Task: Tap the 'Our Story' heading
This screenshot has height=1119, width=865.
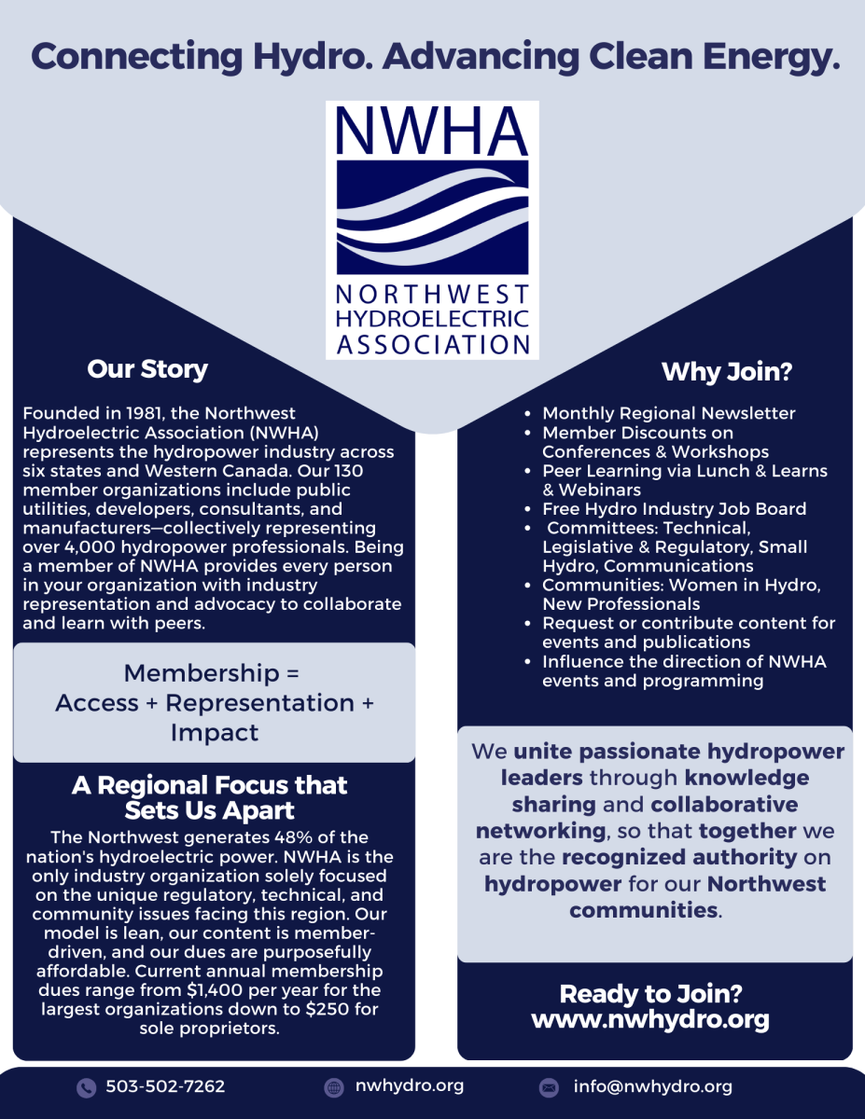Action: click(x=147, y=369)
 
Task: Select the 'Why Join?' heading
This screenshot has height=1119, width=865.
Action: click(x=727, y=373)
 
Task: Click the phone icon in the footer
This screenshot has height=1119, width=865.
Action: click(x=86, y=1087)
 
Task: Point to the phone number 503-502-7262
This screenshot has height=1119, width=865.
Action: click(x=165, y=1087)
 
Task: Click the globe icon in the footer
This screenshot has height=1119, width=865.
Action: click(x=334, y=1087)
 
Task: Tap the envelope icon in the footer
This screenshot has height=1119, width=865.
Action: click(x=549, y=1087)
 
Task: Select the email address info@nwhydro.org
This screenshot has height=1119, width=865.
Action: click(x=652, y=1087)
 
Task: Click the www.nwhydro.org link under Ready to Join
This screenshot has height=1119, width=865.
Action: click(x=650, y=1020)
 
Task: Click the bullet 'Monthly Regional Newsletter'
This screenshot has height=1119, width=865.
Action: click(x=668, y=413)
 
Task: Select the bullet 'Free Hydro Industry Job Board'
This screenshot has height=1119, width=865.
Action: click(x=674, y=509)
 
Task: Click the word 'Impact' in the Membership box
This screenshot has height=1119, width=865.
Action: click(x=214, y=733)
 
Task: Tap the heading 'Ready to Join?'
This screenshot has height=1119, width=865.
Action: click(x=650, y=994)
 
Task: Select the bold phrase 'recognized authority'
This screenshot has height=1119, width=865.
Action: click(x=679, y=856)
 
